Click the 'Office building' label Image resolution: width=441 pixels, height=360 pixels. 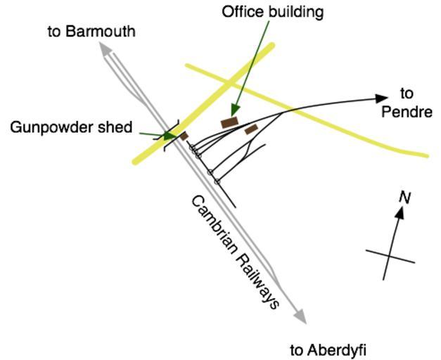point(272,12)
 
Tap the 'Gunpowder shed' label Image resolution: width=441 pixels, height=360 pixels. point(71,127)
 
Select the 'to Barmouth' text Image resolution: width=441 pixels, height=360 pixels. point(91,32)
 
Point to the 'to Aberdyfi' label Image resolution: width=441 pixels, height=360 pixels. point(328,349)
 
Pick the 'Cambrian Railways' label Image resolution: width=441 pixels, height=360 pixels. point(236,251)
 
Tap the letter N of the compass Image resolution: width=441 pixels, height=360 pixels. point(404,197)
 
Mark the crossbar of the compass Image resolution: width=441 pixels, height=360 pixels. point(390,256)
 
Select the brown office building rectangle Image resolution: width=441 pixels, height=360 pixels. point(229,122)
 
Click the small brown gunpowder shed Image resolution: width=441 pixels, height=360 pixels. point(184,136)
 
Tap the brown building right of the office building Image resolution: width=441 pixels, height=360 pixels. point(250,129)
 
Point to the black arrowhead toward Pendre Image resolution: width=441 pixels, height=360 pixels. point(382,98)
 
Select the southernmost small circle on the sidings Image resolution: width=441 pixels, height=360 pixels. point(217,181)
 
